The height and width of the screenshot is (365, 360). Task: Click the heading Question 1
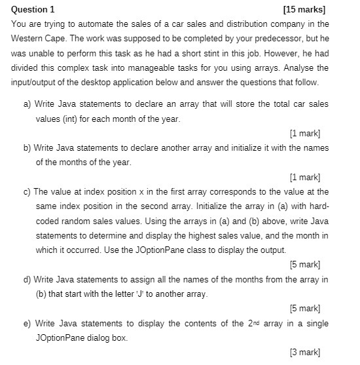point(33,10)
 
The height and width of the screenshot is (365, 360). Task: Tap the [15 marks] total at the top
point(304,10)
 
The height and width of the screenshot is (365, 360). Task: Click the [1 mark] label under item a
point(304,134)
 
